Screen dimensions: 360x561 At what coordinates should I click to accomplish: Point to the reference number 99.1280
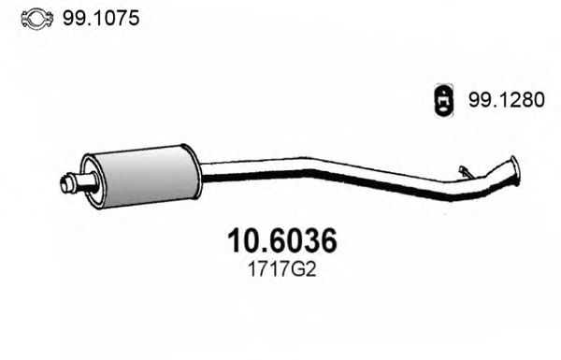click(504, 104)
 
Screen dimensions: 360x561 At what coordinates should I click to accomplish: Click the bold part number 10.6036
click(281, 242)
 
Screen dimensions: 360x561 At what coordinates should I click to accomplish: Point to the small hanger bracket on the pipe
click(465, 170)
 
